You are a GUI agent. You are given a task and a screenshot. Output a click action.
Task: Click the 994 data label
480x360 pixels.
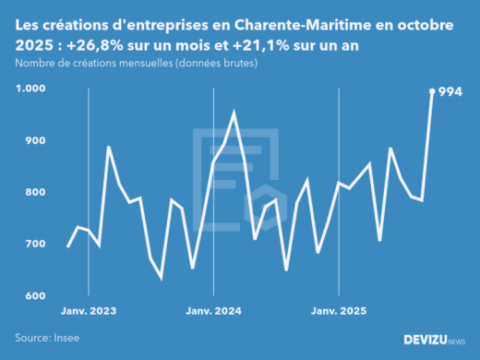[450, 91]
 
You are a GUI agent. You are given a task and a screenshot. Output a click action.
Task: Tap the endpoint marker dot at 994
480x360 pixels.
[432, 90]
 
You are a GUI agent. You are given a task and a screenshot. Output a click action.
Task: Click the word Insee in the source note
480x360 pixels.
[66, 338]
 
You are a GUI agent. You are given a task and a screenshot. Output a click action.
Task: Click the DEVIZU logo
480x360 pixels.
[435, 340]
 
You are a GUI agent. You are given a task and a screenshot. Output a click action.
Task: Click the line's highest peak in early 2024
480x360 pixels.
[234, 113]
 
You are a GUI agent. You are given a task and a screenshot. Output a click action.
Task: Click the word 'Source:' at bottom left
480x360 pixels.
[32, 338]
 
